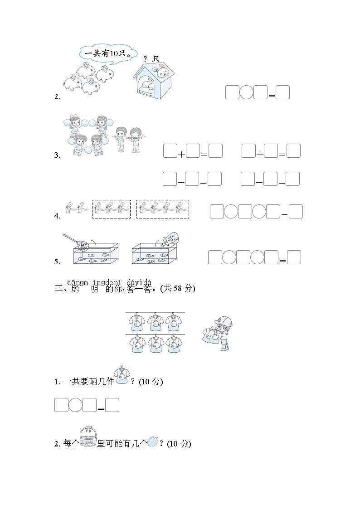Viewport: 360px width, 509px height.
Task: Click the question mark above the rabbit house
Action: (145, 59)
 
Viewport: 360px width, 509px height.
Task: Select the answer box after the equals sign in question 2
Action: (282, 92)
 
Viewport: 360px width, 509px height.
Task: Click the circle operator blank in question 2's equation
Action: (246, 92)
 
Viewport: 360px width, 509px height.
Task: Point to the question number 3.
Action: (57, 155)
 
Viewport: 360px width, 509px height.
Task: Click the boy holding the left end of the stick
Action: (120, 138)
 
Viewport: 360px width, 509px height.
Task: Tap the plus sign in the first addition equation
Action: (181, 155)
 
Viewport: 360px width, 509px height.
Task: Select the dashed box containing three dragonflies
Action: (112, 209)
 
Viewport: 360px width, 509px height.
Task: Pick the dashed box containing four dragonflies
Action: (163, 209)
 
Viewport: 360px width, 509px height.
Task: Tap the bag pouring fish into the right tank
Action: (170, 239)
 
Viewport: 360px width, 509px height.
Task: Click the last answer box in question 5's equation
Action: (294, 257)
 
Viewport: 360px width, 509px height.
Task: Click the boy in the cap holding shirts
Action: (219, 333)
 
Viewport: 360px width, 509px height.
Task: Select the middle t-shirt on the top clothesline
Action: (155, 322)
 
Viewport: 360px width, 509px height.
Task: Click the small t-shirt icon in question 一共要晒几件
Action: (122, 375)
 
